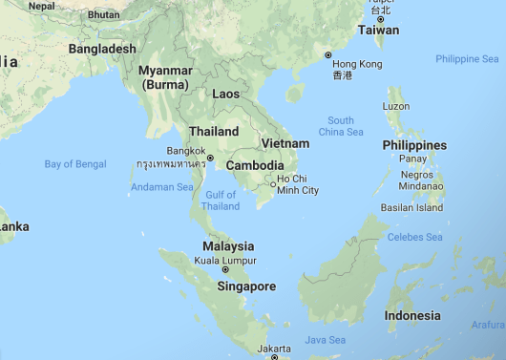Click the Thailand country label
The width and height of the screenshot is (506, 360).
click(x=214, y=131)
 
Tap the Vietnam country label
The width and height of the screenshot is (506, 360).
click(x=285, y=143)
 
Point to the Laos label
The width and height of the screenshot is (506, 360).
click(x=225, y=94)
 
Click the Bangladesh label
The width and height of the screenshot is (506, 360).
click(x=102, y=48)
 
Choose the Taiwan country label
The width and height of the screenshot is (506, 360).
click(x=379, y=30)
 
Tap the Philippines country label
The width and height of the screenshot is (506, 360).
click(x=413, y=145)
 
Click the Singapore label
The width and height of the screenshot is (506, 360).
click(x=246, y=286)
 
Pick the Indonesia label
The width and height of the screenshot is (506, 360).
click(x=412, y=315)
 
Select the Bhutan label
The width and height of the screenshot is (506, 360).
click(x=102, y=15)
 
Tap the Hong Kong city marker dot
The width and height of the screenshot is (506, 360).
click(x=328, y=54)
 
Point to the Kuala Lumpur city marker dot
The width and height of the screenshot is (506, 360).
click(x=226, y=269)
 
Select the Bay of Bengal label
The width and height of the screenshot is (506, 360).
click(x=75, y=164)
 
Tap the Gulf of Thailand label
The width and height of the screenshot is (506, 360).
click(x=221, y=201)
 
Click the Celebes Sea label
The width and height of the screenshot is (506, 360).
click(x=414, y=237)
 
